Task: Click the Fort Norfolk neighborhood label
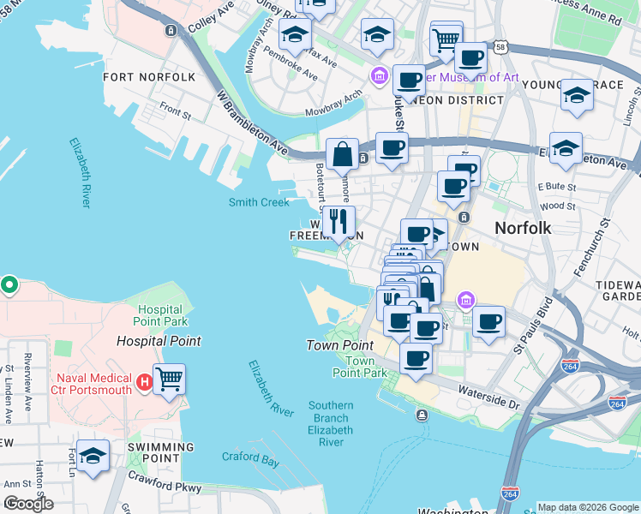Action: click(x=149, y=77)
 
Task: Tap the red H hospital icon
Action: click(x=145, y=380)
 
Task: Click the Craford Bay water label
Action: click(x=251, y=459)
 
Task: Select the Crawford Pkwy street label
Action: click(x=165, y=481)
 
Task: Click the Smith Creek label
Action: click(x=259, y=202)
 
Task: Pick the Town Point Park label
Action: click(x=359, y=368)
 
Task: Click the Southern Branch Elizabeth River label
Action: click(x=330, y=424)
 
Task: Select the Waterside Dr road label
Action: click(x=489, y=402)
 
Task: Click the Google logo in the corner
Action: click(x=27, y=504)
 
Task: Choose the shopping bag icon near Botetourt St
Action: click(x=342, y=155)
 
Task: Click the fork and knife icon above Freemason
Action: click(x=339, y=221)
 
